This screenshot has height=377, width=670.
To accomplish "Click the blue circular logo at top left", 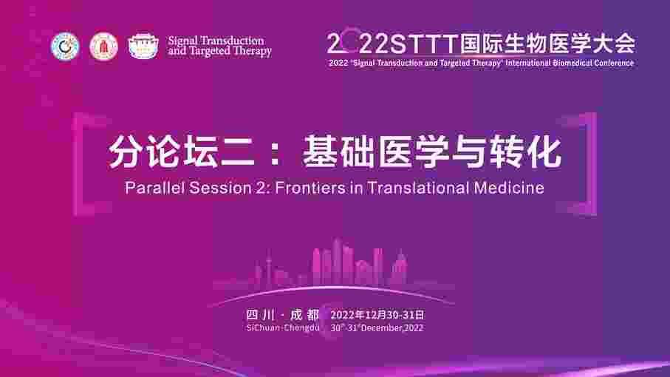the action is pos(65,46).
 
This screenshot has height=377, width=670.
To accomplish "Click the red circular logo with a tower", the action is pos(103,46).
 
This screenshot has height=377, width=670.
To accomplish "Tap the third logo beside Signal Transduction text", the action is pos(143,46).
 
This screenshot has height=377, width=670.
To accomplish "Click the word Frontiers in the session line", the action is pos(310,188).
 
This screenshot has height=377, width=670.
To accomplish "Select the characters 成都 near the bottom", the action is pos(304,315).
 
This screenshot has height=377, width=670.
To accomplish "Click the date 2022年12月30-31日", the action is pos(377,315).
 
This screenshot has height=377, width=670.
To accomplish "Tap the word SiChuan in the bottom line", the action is pos(263,328).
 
